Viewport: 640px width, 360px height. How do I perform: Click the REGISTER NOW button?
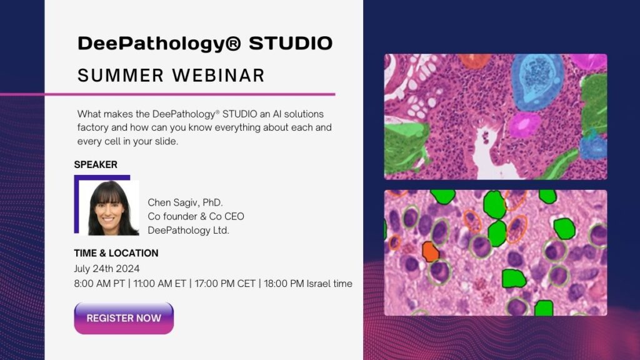coord(124,318)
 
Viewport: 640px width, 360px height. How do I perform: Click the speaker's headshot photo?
coord(113,208)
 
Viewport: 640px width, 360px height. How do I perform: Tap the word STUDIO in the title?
coord(291,44)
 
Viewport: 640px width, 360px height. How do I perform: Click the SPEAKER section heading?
coord(96,165)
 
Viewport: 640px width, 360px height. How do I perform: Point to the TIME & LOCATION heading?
coord(116,253)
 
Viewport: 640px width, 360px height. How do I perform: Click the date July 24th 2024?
coord(107,268)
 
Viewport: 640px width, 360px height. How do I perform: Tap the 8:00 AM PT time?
coord(96,284)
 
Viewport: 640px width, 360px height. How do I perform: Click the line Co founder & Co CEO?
coord(196,216)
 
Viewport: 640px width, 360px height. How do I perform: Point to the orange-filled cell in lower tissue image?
coord(430,251)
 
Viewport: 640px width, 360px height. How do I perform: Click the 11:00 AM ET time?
coord(164,284)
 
